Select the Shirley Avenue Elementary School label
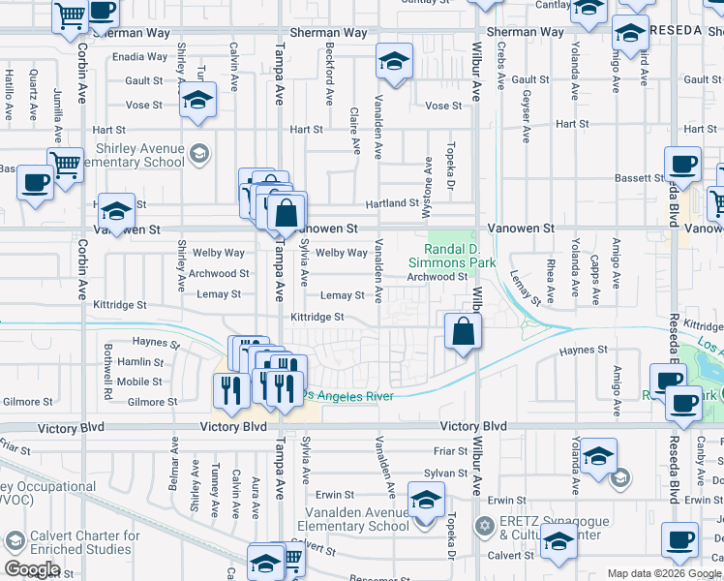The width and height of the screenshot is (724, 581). click(x=140, y=155)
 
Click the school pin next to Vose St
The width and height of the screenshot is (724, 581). click(x=197, y=100)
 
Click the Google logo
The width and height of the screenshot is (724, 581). click(x=32, y=569)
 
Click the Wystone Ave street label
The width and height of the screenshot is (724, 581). click(x=429, y=176)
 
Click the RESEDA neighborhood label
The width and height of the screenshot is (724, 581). click(x=688, y=31)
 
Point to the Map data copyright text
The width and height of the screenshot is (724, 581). click(x=664, y=573)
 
